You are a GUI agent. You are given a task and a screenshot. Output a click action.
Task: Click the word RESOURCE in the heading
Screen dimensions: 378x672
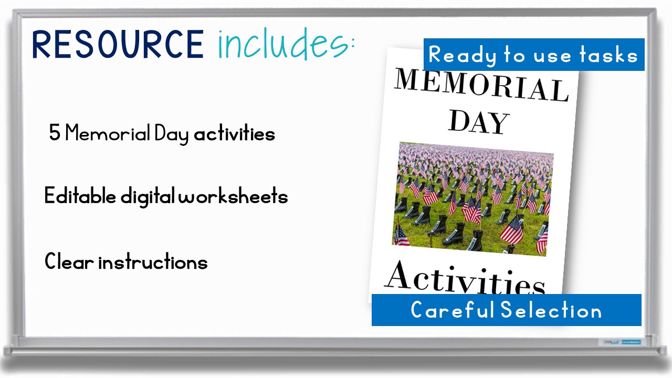(x=118, y=44)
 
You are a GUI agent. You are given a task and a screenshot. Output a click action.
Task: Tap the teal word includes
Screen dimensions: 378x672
(x=283, y=44)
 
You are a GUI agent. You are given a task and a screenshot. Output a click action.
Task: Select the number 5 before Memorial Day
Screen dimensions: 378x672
(x=55, y=134)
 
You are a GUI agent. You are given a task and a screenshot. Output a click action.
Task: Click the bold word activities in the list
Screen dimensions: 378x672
(x=234, y=134)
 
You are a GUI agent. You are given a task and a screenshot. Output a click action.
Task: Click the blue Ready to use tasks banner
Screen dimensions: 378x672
(x=533, y=55)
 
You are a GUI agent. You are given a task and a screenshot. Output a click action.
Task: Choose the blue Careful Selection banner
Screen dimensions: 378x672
(x=506, y=310)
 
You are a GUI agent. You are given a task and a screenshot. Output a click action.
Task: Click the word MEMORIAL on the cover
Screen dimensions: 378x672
(x=481, y=85)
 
